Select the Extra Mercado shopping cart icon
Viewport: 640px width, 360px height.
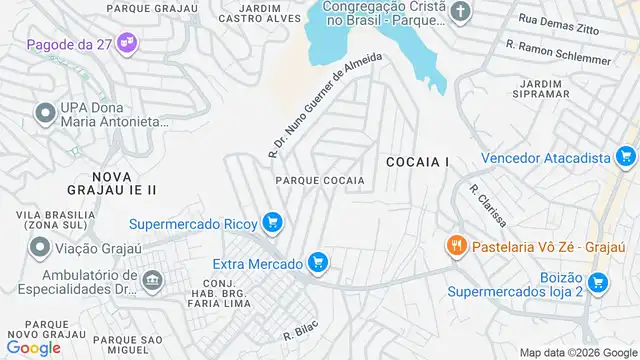click(318, 263)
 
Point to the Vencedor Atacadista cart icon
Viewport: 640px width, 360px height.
click(626, 157)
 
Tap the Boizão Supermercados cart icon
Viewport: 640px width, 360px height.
click(598, 284)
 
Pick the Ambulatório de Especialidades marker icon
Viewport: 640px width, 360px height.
click(151, 282)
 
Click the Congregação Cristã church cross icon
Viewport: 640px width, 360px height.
click(459, 12)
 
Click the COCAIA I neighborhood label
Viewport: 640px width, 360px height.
click(416, 161)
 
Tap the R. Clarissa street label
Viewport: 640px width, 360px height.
click(488, 205)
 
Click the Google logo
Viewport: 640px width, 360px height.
click(33, 347)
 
